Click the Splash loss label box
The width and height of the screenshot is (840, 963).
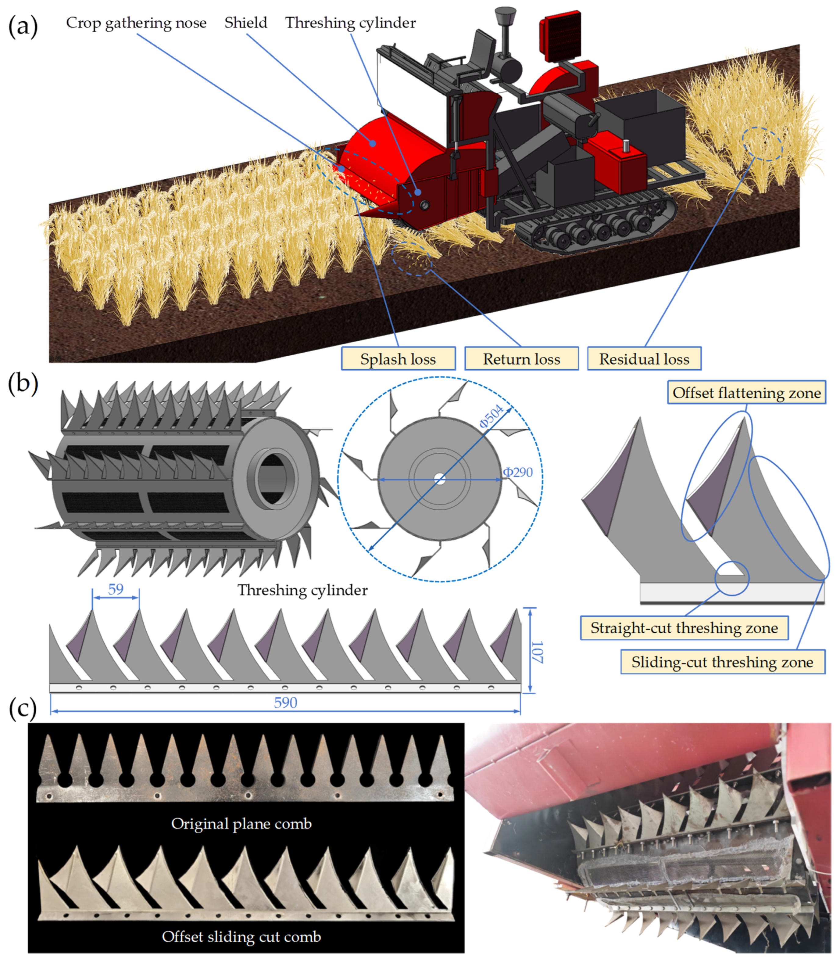[398, 359]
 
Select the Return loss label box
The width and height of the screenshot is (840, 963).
[521, 359]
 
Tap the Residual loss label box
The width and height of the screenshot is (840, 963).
[644, 359]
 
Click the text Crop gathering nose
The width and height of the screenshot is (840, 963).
[136, 23]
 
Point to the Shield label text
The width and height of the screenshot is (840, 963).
[246, 23]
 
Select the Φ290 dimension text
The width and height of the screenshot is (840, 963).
[518, 472]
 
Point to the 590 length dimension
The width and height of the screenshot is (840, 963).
[285, 703]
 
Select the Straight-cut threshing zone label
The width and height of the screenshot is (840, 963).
[684, 628]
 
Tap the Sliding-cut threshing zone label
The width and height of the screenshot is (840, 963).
[722, 662]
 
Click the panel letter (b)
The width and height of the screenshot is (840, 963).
[23, 383]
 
